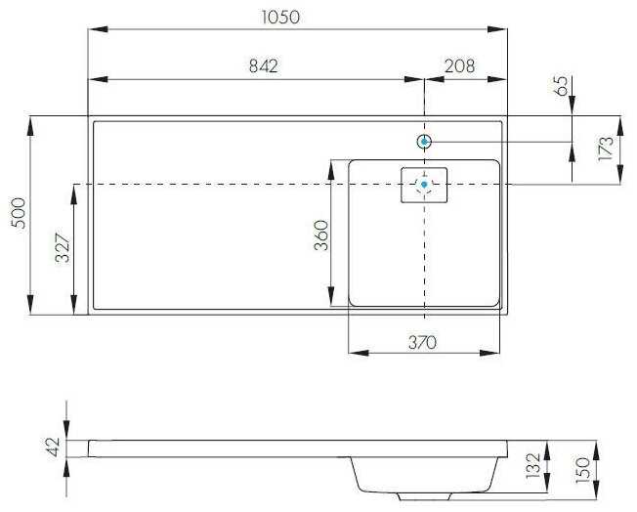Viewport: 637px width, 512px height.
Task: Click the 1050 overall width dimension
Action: point(280,17)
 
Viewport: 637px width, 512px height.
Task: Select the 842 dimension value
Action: point(263,65)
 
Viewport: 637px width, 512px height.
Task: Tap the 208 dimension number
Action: point(459,65)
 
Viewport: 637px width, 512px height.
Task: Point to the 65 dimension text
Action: point(562,86)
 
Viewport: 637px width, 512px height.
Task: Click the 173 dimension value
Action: point(606,149)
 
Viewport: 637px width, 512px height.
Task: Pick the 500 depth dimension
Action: point(20,213)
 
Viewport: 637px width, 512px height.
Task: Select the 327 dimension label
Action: point(63,247)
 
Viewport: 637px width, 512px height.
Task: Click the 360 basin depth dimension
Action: point(320,235)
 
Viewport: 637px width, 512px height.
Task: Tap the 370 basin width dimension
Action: point(422,343)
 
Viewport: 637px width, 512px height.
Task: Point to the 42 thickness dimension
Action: point(54,448)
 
